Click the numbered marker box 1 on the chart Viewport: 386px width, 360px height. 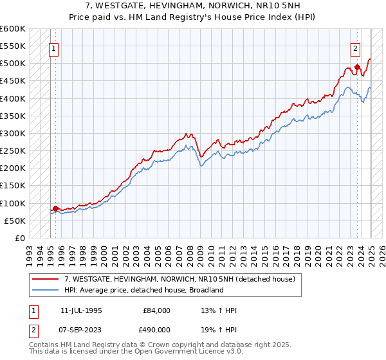pyautogui.click(x=55, y=47)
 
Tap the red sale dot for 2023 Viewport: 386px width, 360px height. pyautogui.click(x=357, y=67)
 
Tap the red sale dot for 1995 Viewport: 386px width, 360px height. pyautogui.click(x=55, y=208)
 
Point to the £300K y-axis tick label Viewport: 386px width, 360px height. pyautogui.click(x=14, y=133)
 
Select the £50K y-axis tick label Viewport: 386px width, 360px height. pyautogui.click(x=15, y=221)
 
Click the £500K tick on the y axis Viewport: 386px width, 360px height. pyautogui.click(x=14, y=64)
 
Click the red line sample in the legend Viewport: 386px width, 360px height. pyautogui.click(x=46, y=280)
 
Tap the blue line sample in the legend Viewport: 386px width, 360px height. pyautogui.click(x=46, y=290)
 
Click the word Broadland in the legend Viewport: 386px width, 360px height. pyautogui.click(x=206, y=290)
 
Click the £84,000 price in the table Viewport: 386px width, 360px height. pyautogui.click(x=157, y=310)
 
